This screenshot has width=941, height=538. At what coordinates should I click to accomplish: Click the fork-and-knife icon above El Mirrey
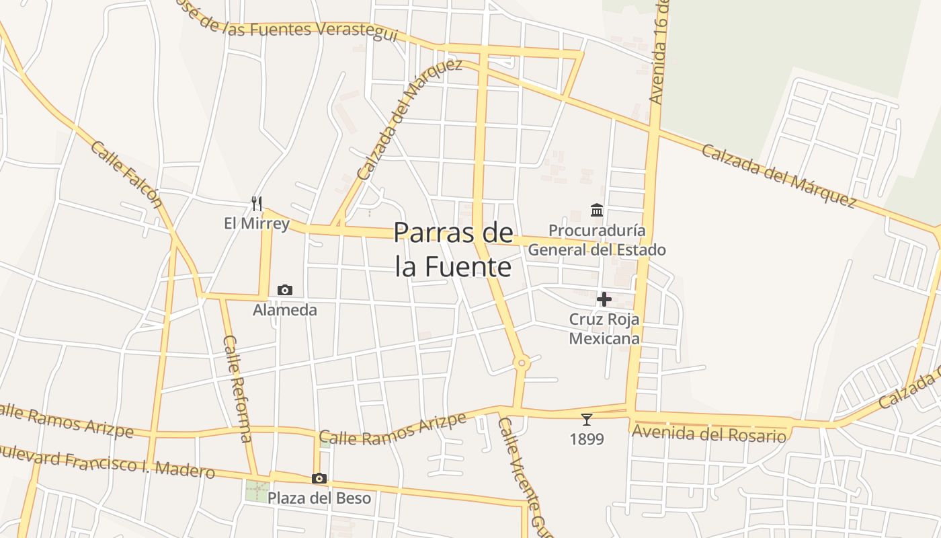256,203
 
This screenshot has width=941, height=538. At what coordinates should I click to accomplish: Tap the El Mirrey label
257,223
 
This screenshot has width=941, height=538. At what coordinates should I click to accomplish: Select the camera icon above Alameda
285,291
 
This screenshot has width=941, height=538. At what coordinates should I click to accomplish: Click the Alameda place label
285,310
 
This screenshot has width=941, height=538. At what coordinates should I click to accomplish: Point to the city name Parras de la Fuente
454,249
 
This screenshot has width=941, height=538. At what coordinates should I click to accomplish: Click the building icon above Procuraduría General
597,210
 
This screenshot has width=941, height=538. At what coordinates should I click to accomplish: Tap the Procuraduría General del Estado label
597,240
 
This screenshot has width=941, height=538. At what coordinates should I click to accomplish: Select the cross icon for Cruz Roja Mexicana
604,299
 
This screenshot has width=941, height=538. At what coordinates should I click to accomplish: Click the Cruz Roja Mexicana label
604,328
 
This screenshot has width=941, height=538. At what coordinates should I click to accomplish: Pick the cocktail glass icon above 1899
587,420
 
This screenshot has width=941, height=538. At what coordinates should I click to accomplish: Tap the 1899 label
587,439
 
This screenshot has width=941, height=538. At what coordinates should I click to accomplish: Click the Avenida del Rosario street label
709,434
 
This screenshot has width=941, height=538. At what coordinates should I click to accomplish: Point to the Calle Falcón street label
126,174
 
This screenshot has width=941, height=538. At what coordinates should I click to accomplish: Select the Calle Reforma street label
237,389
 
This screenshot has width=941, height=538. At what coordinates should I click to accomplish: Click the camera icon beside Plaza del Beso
319,479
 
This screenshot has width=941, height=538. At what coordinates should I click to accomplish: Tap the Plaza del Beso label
319,498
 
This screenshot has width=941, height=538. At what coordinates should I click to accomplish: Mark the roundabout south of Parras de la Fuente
522,363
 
